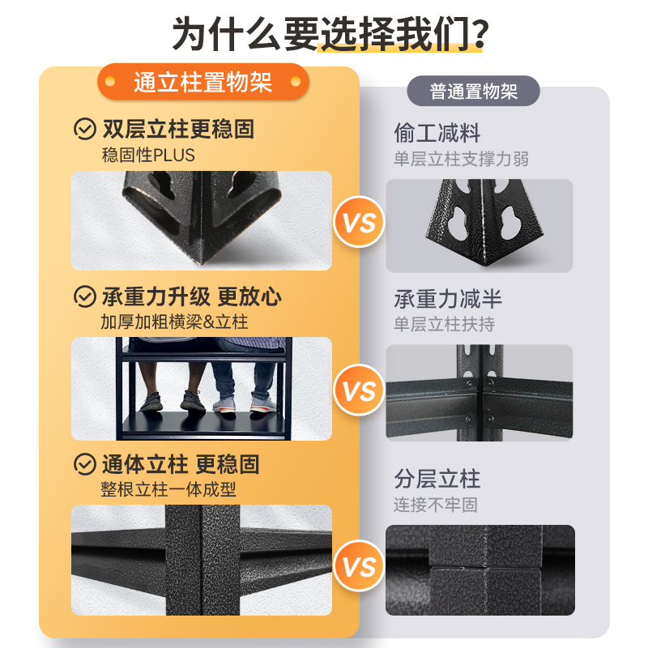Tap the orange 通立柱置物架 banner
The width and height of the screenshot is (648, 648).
[x=202, y=83]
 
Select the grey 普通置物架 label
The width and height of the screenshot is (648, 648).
[x=474, y=91]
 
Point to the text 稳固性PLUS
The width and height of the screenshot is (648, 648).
[x=147, y=154]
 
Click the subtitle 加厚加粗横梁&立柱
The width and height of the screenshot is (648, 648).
[x=174, y=322]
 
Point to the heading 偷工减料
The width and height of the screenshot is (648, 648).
[x=437, y=132]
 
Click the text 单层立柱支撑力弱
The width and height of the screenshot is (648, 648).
[x=461, y=159]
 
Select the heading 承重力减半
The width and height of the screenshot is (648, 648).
[x=448, y=299]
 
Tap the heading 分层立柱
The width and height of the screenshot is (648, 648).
[x=437, y=479]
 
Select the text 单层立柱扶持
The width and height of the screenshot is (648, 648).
[x=444, y=324]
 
